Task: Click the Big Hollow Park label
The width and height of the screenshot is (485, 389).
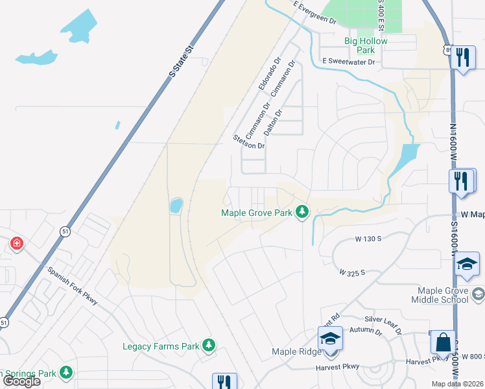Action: [x=366, y=45]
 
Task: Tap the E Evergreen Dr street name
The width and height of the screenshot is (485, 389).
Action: [x=316, y=13]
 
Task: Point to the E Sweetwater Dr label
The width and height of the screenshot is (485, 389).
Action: [x=349, y=62]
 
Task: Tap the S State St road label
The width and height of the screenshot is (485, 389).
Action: [x=182, y=62]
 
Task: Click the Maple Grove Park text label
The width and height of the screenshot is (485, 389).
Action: [x=257, y=213]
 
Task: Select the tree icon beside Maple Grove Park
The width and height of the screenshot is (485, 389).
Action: [x=302, y=211]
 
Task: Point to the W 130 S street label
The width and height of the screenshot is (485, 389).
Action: [x=368, y=239]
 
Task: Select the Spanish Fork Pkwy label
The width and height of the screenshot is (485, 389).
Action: [x=71, y=287]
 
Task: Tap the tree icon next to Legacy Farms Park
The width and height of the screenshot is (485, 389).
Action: [x=209, y=346]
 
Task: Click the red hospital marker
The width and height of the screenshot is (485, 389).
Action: [x=16, y=244]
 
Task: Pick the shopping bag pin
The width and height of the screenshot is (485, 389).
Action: [x=445, y=342]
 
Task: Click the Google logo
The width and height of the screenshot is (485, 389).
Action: [x=22, y=381]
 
